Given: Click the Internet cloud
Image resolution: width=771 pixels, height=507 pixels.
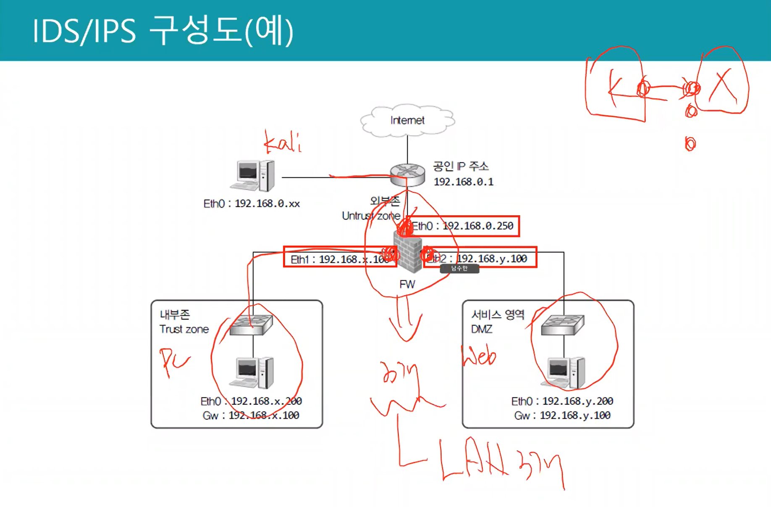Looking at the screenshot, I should (x=407, y=120).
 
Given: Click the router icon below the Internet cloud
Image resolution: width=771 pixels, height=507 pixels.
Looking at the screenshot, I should (x=407, y=174).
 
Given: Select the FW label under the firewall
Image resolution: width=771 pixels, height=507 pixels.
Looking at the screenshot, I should (x=407, y=285).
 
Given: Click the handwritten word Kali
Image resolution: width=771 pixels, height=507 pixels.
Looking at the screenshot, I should (x=283, y=143).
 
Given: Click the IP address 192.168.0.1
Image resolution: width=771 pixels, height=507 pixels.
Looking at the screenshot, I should (x=463, y=182).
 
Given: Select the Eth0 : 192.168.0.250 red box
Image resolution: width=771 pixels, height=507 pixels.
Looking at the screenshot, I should (x=462, y=226).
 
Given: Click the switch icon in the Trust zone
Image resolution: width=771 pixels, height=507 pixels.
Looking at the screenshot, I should (x=252, y=325).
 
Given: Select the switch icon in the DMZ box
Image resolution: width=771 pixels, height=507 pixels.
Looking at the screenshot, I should (x=562, y=325).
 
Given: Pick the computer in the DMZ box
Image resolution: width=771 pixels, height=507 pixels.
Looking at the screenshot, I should (x=563, y=372).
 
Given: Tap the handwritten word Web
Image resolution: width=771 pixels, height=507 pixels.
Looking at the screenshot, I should (x=478, y=356).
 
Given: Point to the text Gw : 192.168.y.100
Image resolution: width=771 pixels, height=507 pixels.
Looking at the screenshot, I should (x=562, y=416).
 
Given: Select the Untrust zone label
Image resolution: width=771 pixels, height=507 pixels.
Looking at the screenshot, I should (x=371, y=216).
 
